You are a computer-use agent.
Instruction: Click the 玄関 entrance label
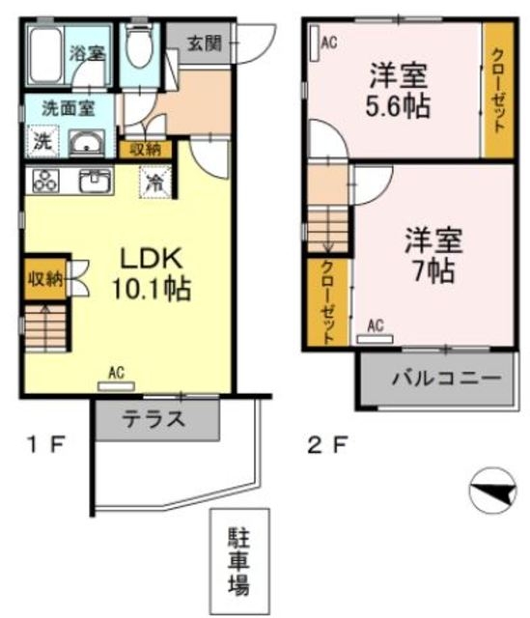(x=204, y=44)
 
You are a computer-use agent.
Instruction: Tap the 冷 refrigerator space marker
(x=155, y=180)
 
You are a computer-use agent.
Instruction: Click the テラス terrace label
(x=154, y=419)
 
